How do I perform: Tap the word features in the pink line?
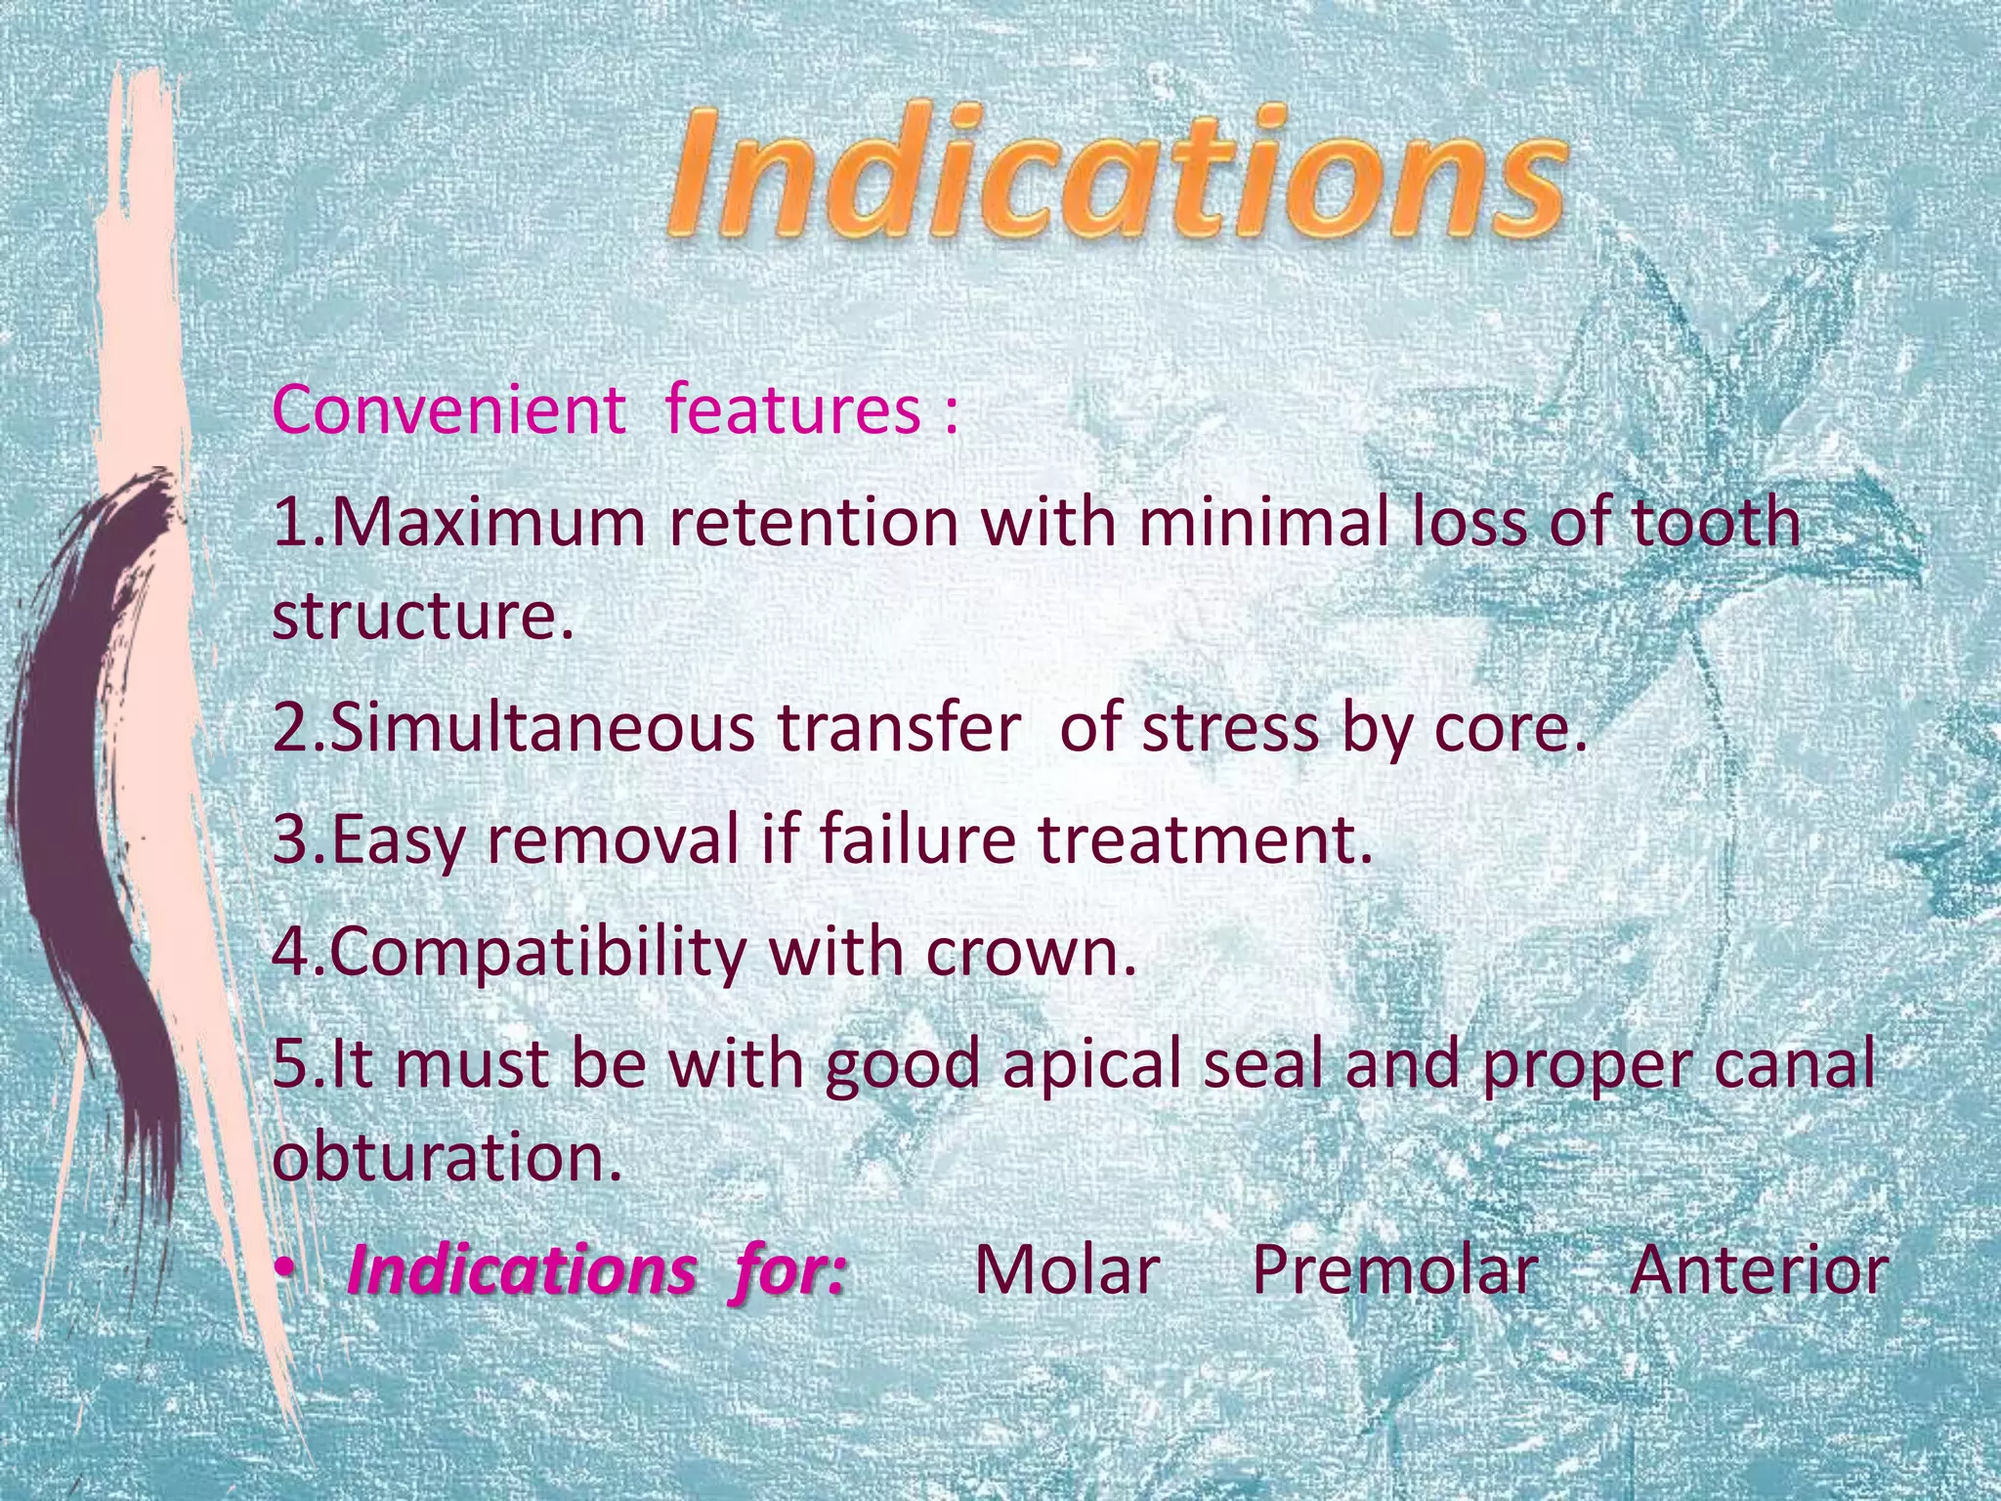click(x=791, y=409)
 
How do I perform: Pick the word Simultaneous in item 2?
click(x=542, y=729)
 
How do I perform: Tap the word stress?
click(x=1231, y=729)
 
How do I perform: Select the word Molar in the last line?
click(x=1067, y=1270)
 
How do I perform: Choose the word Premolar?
click(x=1394, y=1270)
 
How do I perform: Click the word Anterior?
click(x=1758, y=1270)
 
